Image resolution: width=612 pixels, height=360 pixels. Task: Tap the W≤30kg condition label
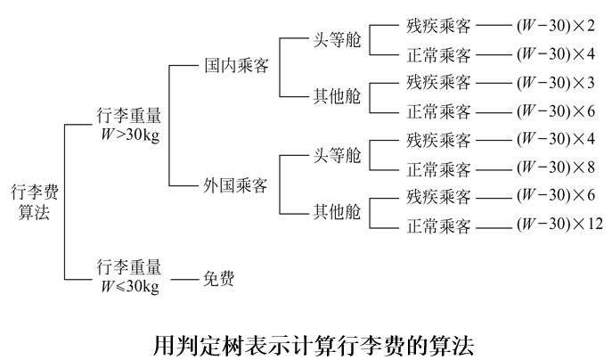(x=128, y=274)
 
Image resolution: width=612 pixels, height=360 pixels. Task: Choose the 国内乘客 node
(x=236, y=66)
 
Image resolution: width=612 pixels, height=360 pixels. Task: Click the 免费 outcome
(x=216, y=279)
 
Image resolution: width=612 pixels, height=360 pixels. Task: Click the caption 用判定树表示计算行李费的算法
(x=306, y=342)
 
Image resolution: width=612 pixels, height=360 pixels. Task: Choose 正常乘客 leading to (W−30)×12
(x=439, y=225)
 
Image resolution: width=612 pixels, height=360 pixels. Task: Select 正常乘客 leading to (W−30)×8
(x=439, y=168)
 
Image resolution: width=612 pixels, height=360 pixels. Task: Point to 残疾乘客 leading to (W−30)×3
(x=439, y=82)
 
